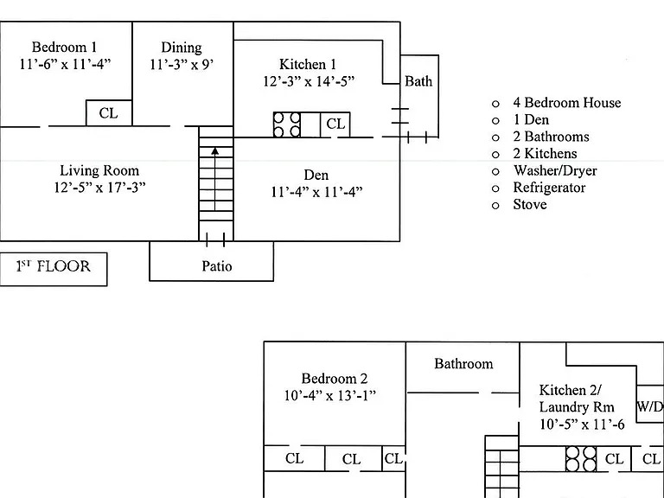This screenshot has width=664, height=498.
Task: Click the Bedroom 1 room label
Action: click(x=64, y=47)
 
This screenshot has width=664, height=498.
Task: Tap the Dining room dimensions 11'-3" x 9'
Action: click(x=182, y=64)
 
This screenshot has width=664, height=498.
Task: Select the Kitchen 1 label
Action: click(x=308, y=64)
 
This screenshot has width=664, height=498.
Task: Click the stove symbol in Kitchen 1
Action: click(x=287, y=124)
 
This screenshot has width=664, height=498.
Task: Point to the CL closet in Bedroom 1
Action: click(x=109, y=113)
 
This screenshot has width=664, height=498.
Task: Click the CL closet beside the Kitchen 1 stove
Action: click(x=335, y=124)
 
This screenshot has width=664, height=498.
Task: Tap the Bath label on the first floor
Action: click(x=418, y=81)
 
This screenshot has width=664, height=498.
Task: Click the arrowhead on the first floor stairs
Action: click(x=215, y=150)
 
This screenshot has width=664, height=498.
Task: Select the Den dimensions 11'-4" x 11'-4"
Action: click(x=316, y=192)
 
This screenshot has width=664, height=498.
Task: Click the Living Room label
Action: click(x=99, y=170)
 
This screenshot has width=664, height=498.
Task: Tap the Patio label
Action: click(x=217, y=266)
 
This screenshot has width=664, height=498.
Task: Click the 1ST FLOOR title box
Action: click(x=54, y=270)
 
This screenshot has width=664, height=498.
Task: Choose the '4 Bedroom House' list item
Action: click(x=567, y=103)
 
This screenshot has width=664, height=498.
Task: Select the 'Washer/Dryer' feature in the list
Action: click(x=555, y=170)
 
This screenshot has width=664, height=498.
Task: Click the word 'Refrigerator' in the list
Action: click(x=549, y=187)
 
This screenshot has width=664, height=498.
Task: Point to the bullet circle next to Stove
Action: click(x=495, y=206)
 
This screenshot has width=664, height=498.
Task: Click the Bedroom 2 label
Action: click(x=335, y=378)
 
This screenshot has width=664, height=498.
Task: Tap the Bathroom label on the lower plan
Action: click(x=463, y=363)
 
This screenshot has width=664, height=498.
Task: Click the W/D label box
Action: click(x=650, y=403)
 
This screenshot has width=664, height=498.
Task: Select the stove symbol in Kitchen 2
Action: click(x=581, y=458)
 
